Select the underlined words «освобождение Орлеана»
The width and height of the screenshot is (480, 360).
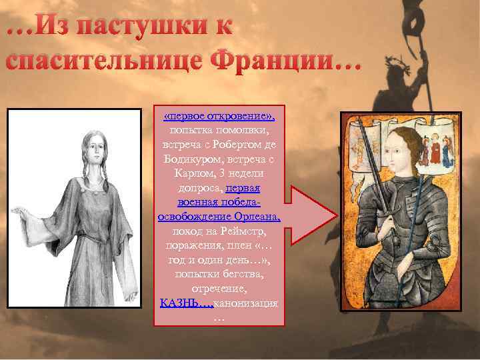(219, 217)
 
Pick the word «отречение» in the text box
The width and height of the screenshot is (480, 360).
(219, 289)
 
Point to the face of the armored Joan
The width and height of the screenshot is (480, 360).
(401, 152)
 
